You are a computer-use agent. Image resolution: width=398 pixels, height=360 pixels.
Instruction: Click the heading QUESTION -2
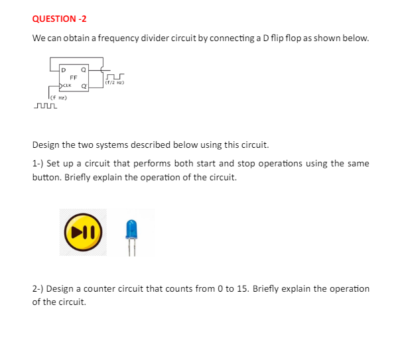[54, 19]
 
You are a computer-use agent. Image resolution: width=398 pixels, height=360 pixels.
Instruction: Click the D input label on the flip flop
[64, 69]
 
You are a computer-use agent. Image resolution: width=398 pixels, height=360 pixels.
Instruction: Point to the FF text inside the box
[74, 78]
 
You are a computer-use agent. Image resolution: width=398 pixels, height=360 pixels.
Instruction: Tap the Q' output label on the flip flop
[84, 86]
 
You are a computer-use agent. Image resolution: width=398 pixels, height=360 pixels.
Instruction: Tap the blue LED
[131, 231]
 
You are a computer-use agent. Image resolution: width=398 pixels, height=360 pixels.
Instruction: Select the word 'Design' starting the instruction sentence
[48, 145]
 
